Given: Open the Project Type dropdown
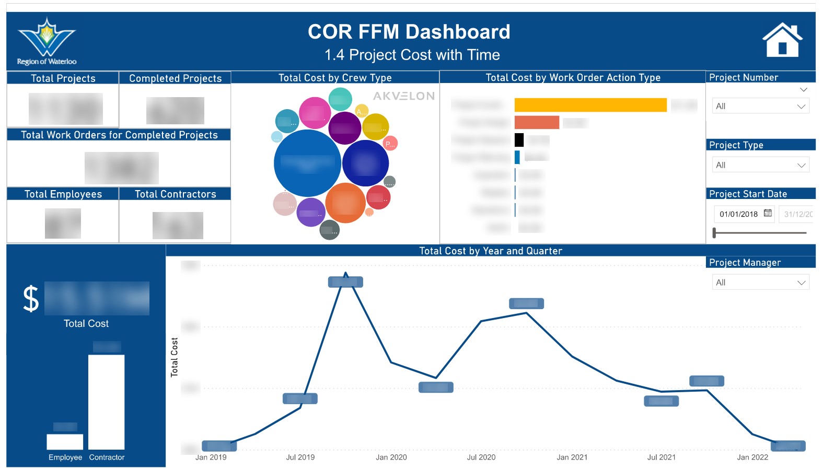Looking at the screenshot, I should click(x=760, y=165).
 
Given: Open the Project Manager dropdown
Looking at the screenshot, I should click(x=760, y=283).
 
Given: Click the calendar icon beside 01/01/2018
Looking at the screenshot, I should click(x=768, y=213).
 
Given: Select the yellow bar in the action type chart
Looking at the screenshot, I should click(x=590, y=105).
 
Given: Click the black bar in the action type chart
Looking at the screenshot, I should click(x=519, y=140).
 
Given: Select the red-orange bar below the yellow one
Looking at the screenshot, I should click(x=537, y=123).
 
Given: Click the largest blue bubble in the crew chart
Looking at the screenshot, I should click(x=307, y=163).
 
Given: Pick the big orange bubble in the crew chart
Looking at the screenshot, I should click(x=345, y=203).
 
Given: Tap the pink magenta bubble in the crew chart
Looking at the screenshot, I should click(x=315, y=113).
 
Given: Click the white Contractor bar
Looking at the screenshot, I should click(x=107, y=402).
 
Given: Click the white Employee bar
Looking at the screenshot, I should click(x=65, y=442).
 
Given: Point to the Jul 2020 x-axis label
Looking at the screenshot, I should click(x=481, y=457).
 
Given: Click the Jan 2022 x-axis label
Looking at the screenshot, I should click(x=752, y=457).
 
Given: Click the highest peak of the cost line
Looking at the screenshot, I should click(x=345, y=274).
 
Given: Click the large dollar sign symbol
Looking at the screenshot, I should click(x=31, y=299).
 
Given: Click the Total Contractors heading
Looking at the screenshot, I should click(x=175, y=194).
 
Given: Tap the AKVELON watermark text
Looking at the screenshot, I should click(x=403, y=96).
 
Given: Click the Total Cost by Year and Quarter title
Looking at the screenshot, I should click(x=490, y=251).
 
